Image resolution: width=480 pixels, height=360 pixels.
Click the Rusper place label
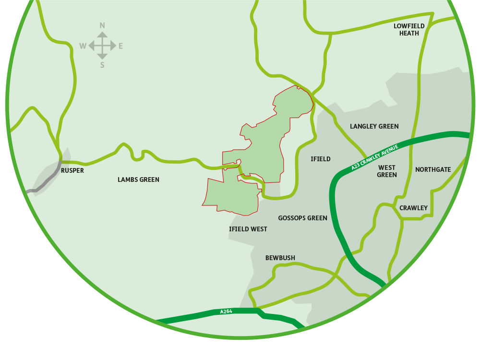click(x=72, y=170)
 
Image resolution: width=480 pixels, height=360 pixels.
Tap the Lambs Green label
click(x=138, y=180)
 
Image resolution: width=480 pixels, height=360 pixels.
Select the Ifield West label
click(x=248, y=229)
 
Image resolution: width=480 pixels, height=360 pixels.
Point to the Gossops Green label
click(x=302, y=218)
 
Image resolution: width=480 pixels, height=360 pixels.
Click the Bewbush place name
click(x=280, y=258)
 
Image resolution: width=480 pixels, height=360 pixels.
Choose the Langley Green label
click(x=374, y=126)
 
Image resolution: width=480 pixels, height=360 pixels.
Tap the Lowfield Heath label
click(x=406, y=29)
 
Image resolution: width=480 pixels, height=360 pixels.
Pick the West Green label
click(x=387, y=171)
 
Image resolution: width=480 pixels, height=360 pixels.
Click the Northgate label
click(x=433, y=169)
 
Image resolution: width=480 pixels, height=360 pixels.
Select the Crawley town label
click(x=413, y=208)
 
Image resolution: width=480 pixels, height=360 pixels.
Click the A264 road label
click(x=226, y=312)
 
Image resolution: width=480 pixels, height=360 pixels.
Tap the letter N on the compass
click(x=102, y=25)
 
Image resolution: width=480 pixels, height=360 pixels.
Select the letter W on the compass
click(x=83, y=46)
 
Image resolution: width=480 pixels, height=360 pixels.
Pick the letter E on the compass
click(x=121, y=46)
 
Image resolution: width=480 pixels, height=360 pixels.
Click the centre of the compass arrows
click(x=102, y=46)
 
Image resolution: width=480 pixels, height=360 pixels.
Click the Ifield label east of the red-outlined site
click(x=321, y=159)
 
